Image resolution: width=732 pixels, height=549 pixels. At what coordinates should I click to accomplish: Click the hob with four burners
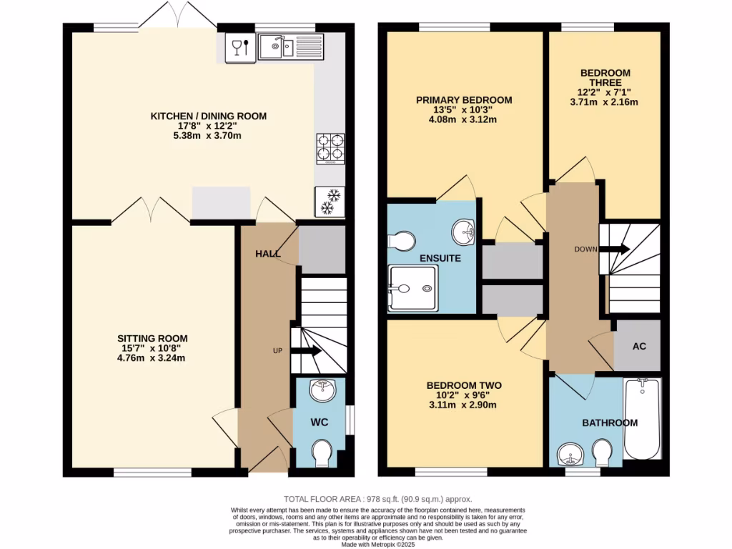pos(330,148)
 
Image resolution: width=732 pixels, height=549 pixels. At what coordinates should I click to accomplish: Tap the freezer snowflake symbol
pos(330,201)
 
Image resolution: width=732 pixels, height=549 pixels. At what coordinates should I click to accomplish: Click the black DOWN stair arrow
pos(615,249)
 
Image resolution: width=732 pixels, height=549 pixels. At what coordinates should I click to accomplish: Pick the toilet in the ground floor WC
pos(322,452)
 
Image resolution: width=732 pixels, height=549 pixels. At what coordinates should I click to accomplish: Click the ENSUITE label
pos(440,258)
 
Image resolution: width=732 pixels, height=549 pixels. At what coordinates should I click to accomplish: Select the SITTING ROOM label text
pos(153,338)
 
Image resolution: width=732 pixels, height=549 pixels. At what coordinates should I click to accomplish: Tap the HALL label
pos(268,254)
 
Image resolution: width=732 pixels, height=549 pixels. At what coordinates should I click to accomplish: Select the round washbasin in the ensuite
pos(465,230)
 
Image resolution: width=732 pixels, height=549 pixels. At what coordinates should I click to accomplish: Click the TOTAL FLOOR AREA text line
pos(378,499)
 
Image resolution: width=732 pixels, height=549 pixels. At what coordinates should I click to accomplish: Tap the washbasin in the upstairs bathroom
pos(571,452)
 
